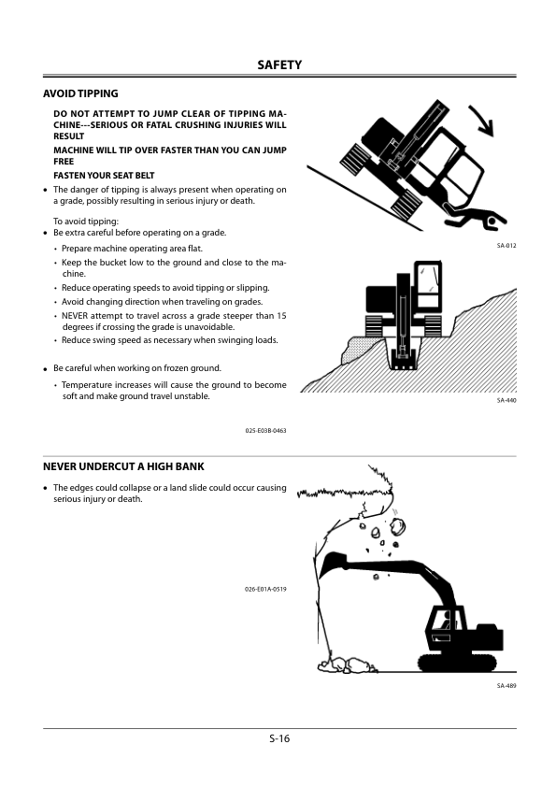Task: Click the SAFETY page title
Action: (279, 64)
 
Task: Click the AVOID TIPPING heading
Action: (80, 93)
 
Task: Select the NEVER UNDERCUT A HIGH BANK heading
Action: (123, 466)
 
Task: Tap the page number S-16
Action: (279, 738)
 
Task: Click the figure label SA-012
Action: (506, 246)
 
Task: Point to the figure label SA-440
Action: (506, 400)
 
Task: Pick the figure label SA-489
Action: (506, 686)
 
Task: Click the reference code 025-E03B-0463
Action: (266, 431)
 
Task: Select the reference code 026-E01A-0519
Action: (266, 589)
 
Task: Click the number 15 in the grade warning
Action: (281, 316)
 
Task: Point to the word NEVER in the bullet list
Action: (74, 316)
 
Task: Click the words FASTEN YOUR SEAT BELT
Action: (104, 176)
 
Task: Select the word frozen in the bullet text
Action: (164, 368)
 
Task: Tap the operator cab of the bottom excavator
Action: (445, 626)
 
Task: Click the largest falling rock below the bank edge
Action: (398, 525)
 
